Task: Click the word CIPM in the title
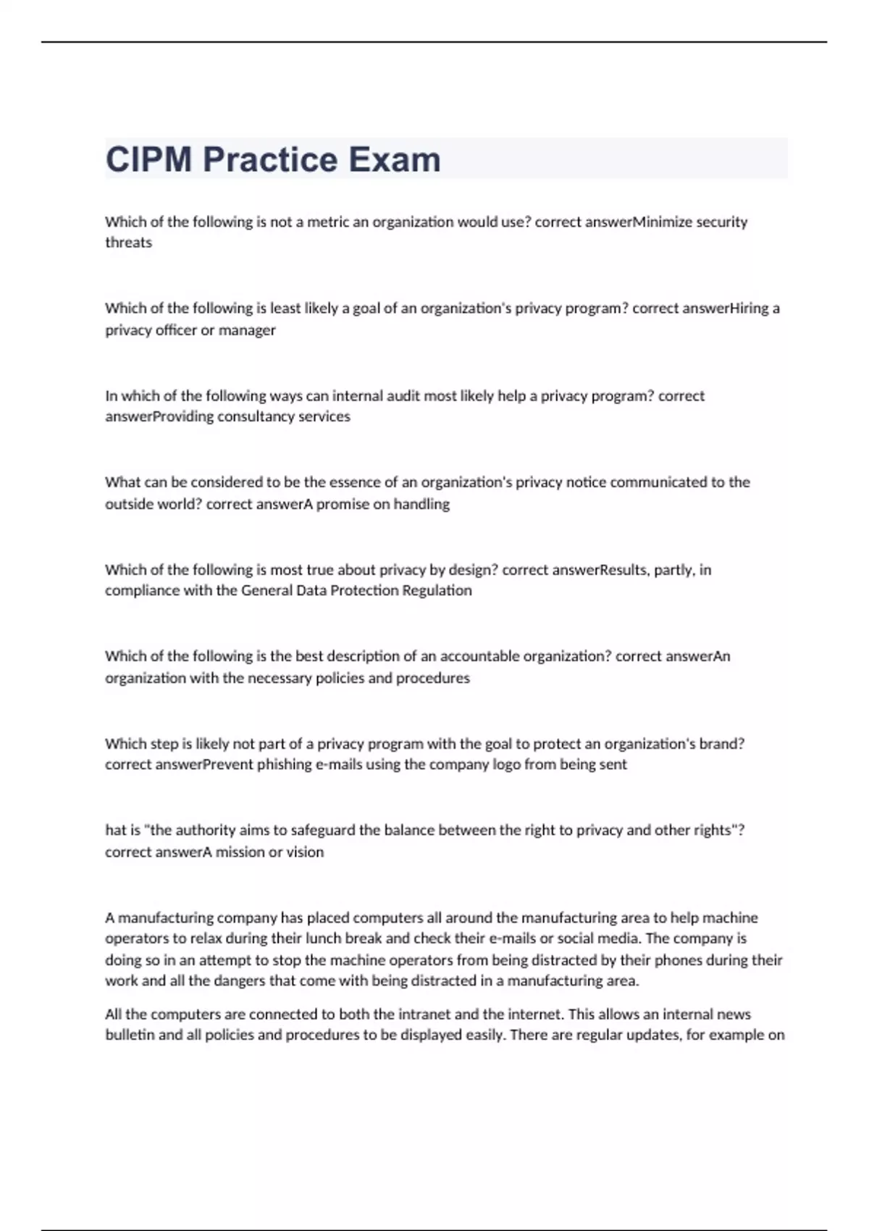[x=149, y=160]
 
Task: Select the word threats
[x=128, y=243]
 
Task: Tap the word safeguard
[x=316, y=830]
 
